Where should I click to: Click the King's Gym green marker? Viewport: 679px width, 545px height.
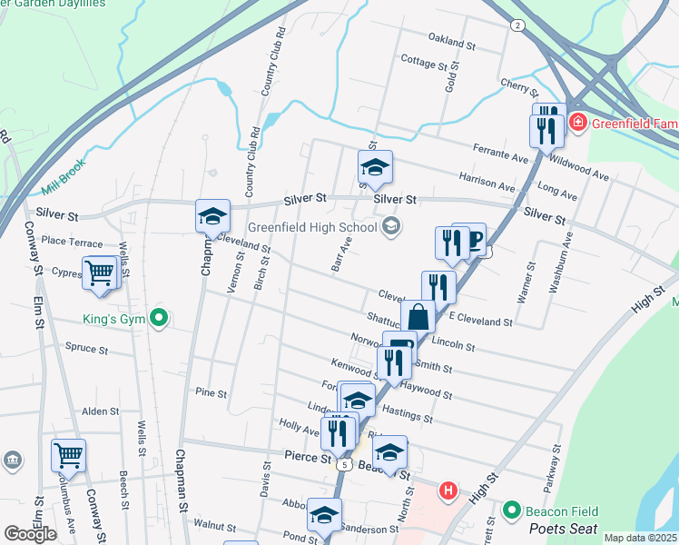(159, 318)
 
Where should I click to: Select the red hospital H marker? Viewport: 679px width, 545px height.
(447, 491)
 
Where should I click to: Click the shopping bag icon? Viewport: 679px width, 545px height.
(418, 318)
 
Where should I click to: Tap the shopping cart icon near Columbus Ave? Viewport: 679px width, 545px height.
(68, 455)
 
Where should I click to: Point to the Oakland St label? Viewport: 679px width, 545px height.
(452, 44)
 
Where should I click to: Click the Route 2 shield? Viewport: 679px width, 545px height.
(517, 25)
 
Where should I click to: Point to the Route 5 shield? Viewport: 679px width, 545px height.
(343, 463)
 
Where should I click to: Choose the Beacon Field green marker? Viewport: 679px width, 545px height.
(510, 511)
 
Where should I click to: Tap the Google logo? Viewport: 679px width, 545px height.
(31, 534)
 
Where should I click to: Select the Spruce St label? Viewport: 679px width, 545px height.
(87, 348)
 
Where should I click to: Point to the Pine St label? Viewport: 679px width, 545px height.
(211, 393)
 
